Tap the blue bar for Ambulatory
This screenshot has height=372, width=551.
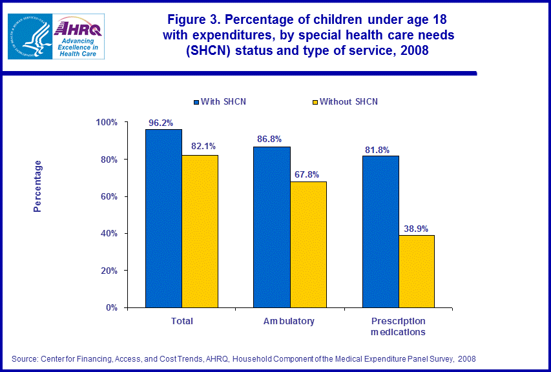tap(271, 227)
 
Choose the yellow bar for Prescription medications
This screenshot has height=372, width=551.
tap(416, 271)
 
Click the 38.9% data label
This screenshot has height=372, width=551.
tap(417, 229)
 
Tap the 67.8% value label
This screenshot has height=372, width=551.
tap(309, 175)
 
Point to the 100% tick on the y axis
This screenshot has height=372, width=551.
tap(107, 123)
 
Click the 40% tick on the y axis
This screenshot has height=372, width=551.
tap(109, 234)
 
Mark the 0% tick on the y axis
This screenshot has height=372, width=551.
tap(111, 307)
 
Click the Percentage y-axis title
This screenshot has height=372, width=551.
tap(38, 187)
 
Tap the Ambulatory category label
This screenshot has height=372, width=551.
tap(289, 321)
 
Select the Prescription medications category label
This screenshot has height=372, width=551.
tap(398, 326)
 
